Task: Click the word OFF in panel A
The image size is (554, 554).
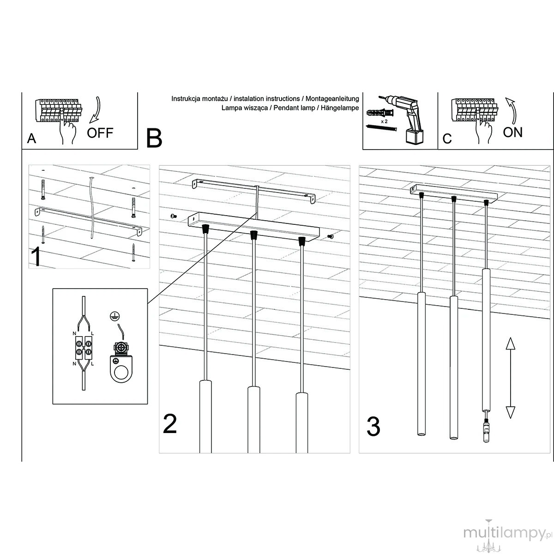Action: coord(100,133)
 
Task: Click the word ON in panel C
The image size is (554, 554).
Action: coord(512,132)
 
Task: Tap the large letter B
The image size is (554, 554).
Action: coord(154,138)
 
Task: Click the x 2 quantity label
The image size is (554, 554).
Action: coord(384,121)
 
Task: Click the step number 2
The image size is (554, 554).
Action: coord(169,424)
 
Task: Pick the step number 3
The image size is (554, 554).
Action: coord(373,427)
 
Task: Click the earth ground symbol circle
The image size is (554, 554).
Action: coord(114,316)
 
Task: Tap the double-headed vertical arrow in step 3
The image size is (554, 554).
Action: coord(510,378)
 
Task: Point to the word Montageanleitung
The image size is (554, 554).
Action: coord(332,99)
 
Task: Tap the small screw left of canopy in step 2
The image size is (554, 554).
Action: coord(173,216)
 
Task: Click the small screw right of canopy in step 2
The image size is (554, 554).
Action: coord(331,236)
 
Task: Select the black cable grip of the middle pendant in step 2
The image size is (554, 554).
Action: coord(253,235)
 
